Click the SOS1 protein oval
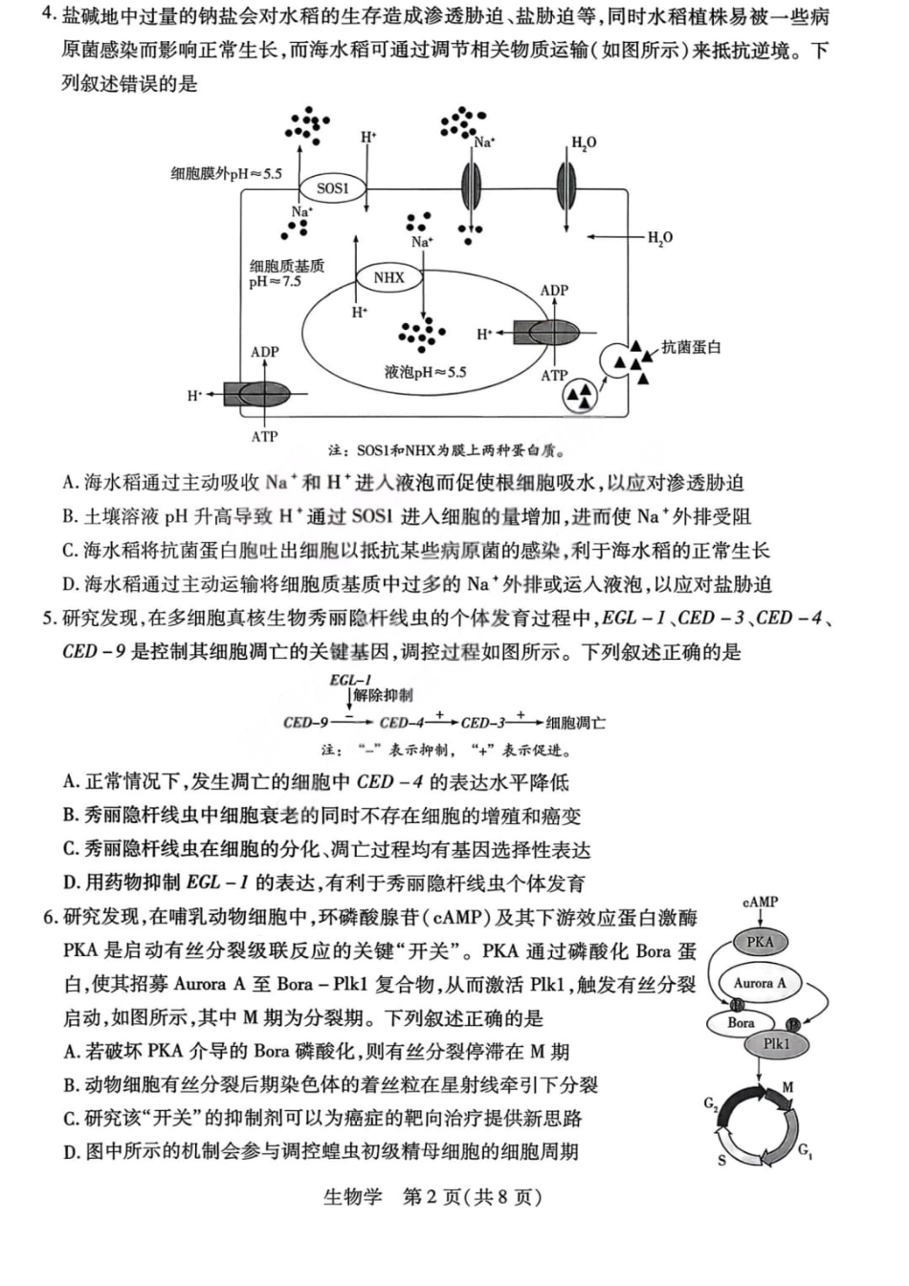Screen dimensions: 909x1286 coord(332,188)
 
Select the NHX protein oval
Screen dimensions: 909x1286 coord(388,277)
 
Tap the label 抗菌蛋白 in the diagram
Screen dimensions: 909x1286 coord(691,347)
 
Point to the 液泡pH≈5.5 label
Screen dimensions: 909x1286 coord(425,372)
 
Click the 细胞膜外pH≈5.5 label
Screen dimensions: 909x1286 coord(227,173)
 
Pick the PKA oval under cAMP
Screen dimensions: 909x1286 coord(760,942)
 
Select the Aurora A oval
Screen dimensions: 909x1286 coord(760,983)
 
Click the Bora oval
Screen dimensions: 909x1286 coord(741,1022)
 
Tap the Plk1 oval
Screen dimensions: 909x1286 coord(777,1044)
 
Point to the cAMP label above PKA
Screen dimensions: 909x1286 coord(760,902)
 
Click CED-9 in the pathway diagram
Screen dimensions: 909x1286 coord(305,723)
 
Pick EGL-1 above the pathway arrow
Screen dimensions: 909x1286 coord(350,680)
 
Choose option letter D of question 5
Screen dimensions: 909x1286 coord(71,883)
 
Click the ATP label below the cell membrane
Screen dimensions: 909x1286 coord(264,437)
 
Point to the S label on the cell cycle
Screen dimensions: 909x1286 coord(721,1160)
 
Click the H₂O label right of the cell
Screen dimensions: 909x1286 coord(660,237)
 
